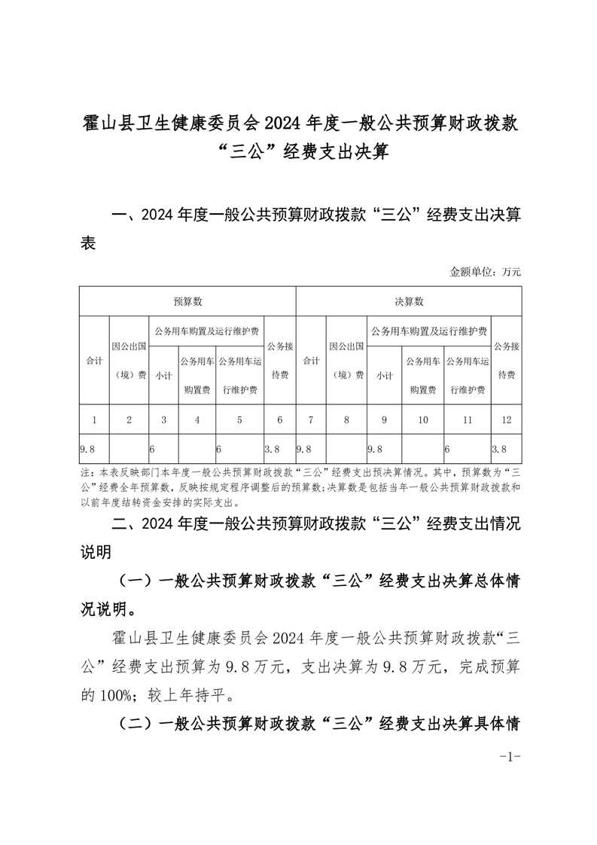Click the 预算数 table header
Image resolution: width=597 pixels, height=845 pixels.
[x=187, y=301]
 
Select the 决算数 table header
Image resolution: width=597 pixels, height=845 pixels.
[x=409, y=301]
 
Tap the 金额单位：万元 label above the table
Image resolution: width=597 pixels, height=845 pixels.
[x=486, y=272]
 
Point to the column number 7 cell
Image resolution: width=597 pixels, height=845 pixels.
[x=311, y=419]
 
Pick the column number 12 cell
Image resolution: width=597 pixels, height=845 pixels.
[x=505, y=419]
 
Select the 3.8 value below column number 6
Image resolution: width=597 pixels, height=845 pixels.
[x=273, y=449]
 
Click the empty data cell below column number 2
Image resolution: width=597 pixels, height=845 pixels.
[x=129, y=449]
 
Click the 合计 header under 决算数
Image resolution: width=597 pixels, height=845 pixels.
[x=311, y=361]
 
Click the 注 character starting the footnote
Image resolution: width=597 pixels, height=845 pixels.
[x=84, y=474]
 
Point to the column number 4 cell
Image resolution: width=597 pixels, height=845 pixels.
[x=197, y=419]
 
